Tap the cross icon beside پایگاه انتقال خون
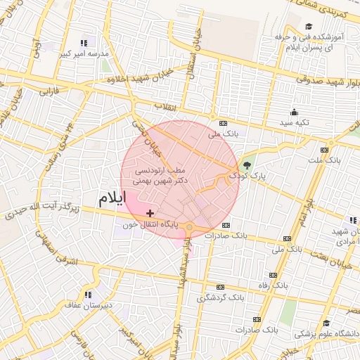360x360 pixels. (x=150, y=212)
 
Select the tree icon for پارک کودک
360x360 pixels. (x=247, y=165)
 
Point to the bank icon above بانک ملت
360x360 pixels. (x=324, y=150)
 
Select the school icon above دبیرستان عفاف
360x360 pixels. (x=89, y=295)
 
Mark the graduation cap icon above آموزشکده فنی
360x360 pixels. (x=308, y=27)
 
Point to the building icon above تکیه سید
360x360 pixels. (x=294, y=112)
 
